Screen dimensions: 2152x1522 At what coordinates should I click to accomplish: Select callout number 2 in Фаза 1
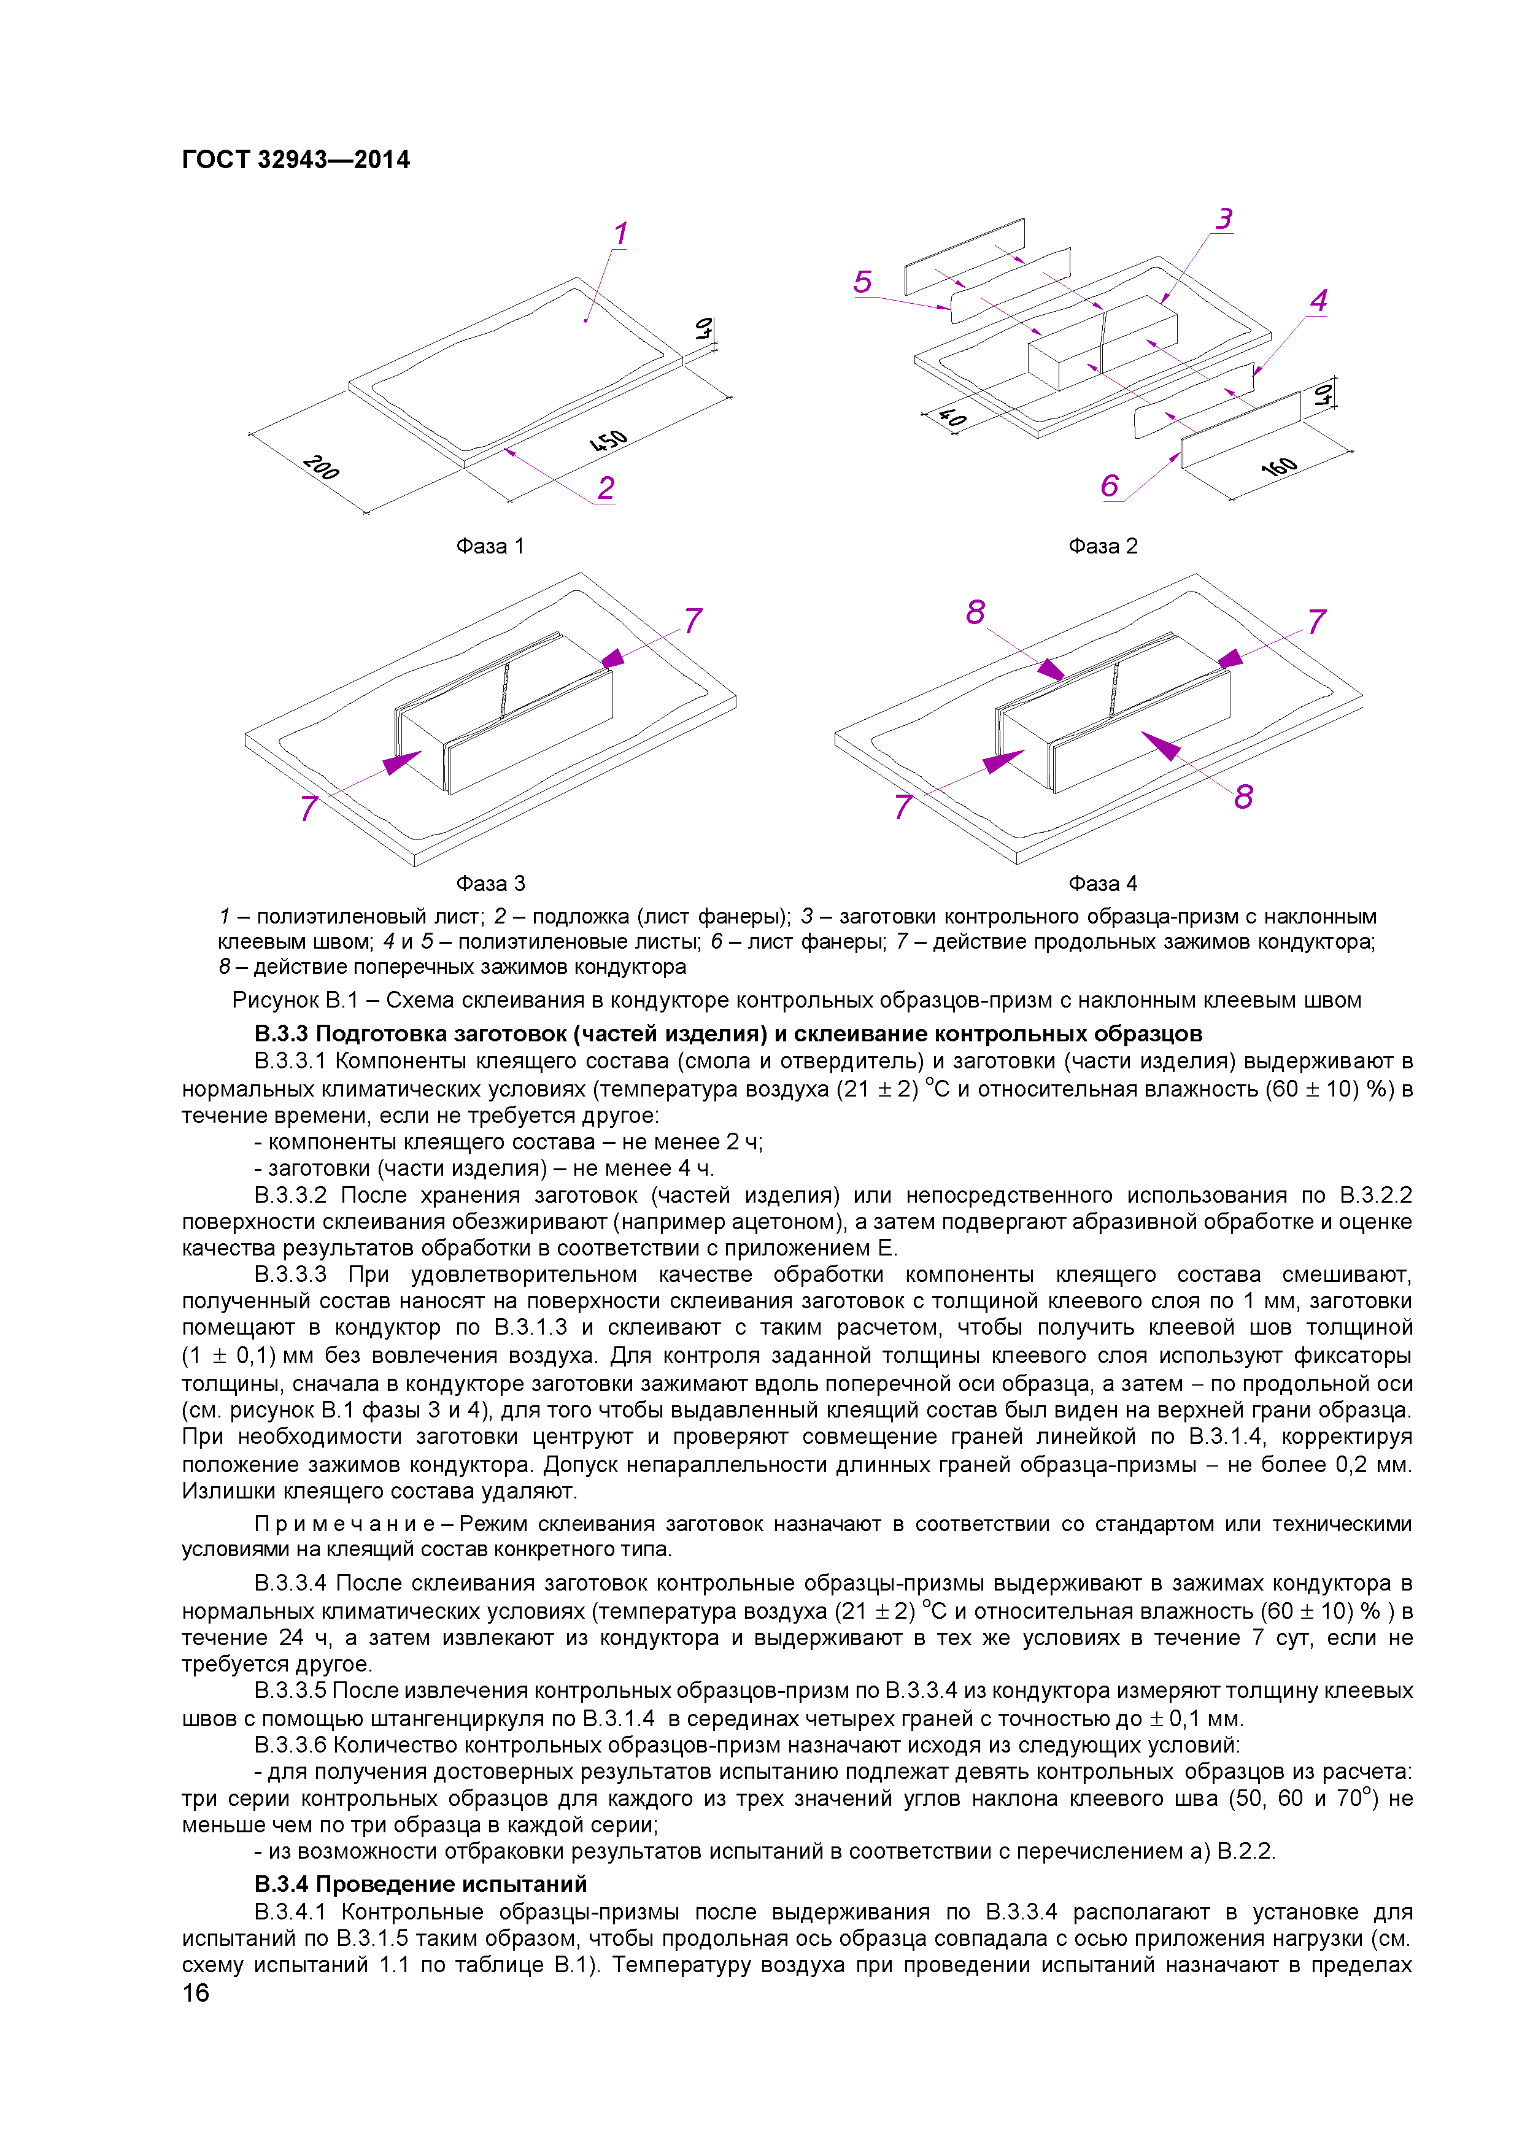click(606, 488)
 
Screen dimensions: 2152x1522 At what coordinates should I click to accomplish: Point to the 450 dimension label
click(609, 441)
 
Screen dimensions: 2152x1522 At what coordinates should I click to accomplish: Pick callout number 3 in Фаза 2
click(1224, 219)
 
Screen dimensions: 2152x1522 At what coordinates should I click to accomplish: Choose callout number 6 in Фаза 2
click(1110, 485)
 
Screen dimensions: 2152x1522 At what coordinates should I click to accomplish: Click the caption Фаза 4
click(1102, 884)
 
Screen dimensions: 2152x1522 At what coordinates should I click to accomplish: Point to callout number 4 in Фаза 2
click(1319, 301)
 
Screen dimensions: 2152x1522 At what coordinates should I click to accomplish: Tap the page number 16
click(196, 1992)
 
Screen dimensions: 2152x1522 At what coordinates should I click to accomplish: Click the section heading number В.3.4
click(281, 1884)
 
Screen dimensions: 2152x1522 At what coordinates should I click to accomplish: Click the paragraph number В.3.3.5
click(290, 1690)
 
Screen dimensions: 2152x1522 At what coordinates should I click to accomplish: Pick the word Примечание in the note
click(343, 1525)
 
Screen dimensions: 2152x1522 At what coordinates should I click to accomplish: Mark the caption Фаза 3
click(490, 884)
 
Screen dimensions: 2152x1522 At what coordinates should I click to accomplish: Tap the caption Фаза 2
click(1102, 546)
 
